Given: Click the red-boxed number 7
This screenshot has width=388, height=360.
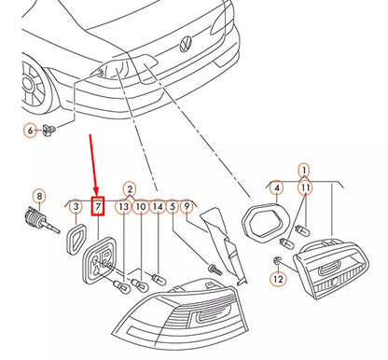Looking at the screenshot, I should click(98, 205).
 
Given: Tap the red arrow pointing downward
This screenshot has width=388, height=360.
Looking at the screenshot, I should click(93, 163).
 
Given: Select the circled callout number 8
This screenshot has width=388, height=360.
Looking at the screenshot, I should click(38, 196).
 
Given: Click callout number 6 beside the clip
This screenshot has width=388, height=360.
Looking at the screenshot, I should click(30, 132).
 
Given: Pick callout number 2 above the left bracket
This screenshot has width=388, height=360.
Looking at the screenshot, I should click(130, 189).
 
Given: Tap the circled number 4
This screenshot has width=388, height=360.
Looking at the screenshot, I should click(278, 188).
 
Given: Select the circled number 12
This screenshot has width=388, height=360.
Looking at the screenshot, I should click(278, 279).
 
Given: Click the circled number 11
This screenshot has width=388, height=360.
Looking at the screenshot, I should click(304, 188).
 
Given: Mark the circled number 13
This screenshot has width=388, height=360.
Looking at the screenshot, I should click(123, 205).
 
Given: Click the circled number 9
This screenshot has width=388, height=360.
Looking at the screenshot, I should click(187, 205).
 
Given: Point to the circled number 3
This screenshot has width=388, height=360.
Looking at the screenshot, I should click(76, 205).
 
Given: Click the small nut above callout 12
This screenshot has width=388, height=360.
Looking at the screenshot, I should click(278, 258).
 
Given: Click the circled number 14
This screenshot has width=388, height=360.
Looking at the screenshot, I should click(157, 205).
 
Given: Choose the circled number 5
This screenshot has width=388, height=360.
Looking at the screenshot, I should click(172, 205).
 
